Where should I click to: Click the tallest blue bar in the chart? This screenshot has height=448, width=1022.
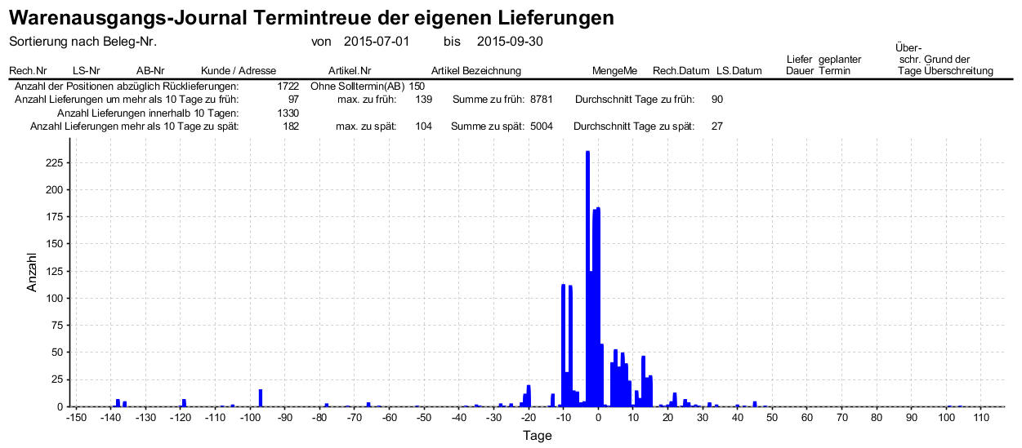[x=587, y=277]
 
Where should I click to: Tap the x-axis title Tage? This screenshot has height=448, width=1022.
[x=537, y=436]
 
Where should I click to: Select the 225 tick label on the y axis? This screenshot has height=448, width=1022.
[x=53, y=163]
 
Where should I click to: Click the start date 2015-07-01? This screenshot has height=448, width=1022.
[x=377, y=42]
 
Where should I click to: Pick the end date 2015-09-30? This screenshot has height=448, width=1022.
[x=510, y=42]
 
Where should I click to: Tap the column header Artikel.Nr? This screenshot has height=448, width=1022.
[x=350, y=71]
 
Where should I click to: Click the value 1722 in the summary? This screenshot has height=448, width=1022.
[x=288, y=86]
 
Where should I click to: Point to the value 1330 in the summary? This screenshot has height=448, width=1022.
[x=288, y=113]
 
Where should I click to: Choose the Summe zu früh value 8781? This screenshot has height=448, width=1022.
[x=542, y=100]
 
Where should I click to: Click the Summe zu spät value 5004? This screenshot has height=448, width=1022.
[x=542, y=126]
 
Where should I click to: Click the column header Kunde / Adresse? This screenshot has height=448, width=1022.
[x=239, y=71]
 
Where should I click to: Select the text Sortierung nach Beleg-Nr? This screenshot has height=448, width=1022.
[x=83, y=42]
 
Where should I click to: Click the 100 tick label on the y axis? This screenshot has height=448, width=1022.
[x=53, y=299]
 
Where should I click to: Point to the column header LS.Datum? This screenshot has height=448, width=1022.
[x=739, y=71]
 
